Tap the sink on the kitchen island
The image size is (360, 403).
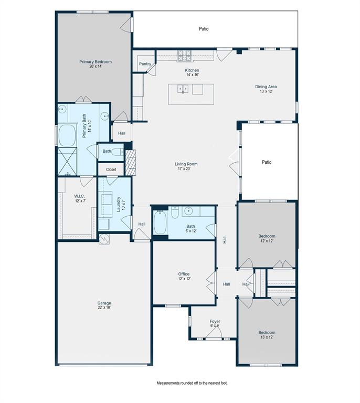click(x=183, y=89)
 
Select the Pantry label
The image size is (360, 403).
click(x=145, y=64)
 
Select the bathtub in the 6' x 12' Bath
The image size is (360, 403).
click(x=160, y=224)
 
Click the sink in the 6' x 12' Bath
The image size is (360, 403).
click(x=188, y=211)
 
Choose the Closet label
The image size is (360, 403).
click(x=111, y=169)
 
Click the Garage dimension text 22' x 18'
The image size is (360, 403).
click(x=104, y=308)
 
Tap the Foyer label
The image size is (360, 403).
click(x=215, y=321)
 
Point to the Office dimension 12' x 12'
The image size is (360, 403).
click(x=184, y=279)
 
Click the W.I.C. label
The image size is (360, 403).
click(x=79, y=196)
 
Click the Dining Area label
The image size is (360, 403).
click(x=266, y=87)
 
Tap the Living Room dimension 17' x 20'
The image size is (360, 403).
click(x=186, y=169)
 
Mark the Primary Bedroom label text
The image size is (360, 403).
click(x=96, y=61)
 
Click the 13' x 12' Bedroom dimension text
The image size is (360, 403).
click(x=267, y=337)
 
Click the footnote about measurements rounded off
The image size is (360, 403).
click(x=192, y=383)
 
